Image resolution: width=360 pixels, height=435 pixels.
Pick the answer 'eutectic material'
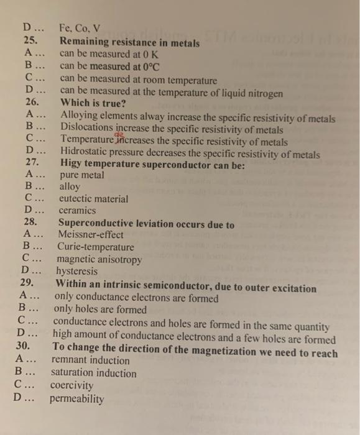(93, 199)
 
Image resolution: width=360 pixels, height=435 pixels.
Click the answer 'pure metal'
(81, 175)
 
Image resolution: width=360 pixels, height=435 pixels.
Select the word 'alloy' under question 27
(69, 187)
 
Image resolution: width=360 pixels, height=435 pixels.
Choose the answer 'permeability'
(77, 398)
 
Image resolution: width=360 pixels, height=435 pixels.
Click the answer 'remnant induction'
(90, 361)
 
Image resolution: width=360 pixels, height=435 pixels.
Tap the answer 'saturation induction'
(93, 373)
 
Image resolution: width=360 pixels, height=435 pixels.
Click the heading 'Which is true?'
(93, 103)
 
